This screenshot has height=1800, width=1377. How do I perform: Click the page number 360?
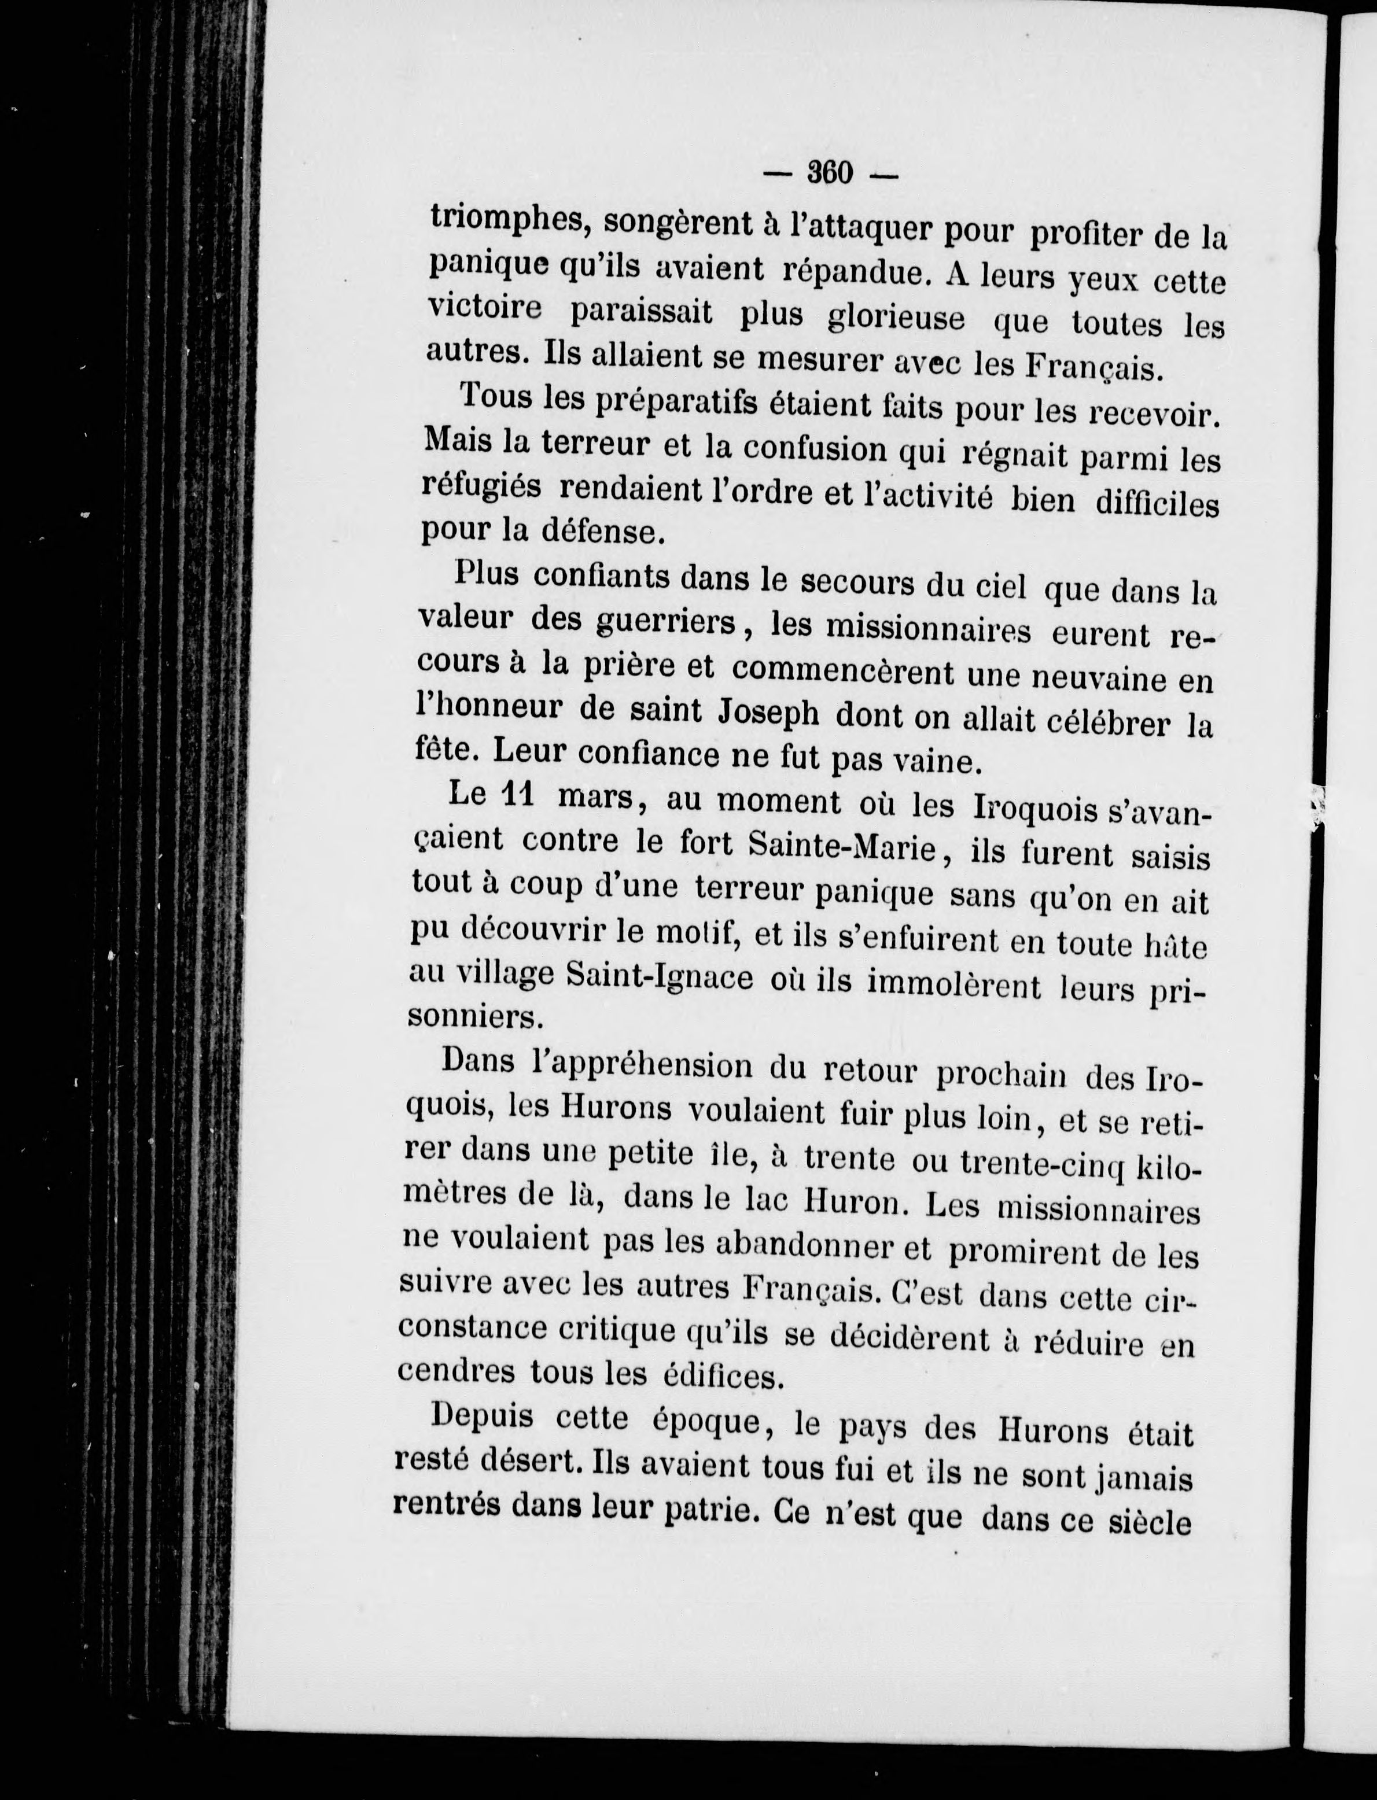point(831,174)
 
